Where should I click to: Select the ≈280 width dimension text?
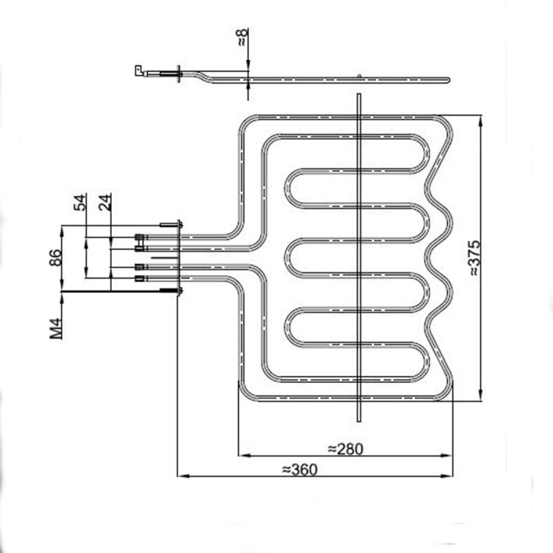click(345, 449)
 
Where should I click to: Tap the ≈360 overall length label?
click(299, 469)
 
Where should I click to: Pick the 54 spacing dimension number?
click(81, 203)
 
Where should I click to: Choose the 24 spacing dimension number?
click(105, 203)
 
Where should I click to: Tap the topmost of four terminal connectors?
click(140, 238)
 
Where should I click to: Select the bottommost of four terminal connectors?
click(140, 279)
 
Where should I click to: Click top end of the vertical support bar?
click(358, 96)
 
